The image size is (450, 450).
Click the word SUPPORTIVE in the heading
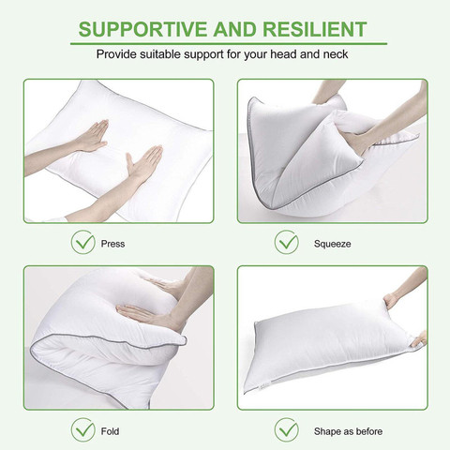(x=142, y=29)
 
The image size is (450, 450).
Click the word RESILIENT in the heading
(x=314, y=29)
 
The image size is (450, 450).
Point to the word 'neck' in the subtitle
(x=336, y=54)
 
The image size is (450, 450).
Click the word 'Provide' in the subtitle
(x=116, y=54)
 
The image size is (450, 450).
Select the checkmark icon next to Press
(x=83, y=242)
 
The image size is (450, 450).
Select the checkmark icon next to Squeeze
(x=287, y=242)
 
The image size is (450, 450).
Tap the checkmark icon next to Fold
(x=83, y=429)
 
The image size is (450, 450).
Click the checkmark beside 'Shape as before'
(x=287, y=429)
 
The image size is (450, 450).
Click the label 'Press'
(x=112, y=244)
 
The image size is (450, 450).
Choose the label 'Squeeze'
(x=332, y=244)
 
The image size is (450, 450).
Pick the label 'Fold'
(x=110, y=431)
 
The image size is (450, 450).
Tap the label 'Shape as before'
(x=348, y=431)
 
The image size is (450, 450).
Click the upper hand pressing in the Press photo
(x=92, y=137)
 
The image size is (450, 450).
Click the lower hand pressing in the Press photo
(x=143, y=164)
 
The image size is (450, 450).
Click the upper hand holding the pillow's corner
(x=391, y=301)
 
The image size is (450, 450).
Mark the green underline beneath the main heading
(x=229, y=43)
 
